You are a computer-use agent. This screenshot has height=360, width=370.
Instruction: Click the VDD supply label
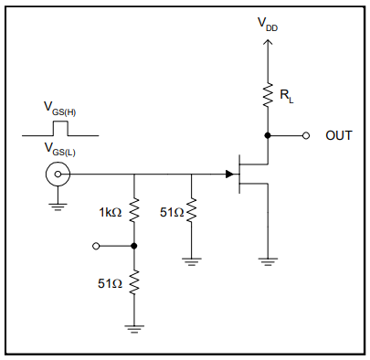(x=268, y=26)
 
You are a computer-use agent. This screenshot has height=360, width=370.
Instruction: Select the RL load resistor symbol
(x=268, y=93)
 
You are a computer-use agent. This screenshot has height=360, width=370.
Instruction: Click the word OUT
(x=339, y=135)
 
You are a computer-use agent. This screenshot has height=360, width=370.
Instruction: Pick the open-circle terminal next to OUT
(x=307, y=135)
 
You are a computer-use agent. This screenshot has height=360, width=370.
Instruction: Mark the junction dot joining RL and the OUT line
(x=268, y=135)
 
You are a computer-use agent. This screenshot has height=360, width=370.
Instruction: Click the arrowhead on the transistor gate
(x=229, y=174)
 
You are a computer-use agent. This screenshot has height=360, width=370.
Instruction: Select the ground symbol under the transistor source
(x=268, y=261)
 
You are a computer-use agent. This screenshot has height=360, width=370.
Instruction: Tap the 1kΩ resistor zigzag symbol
(x=134, y=212)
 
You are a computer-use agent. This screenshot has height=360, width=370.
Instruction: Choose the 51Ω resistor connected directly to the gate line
(x=192, y=212)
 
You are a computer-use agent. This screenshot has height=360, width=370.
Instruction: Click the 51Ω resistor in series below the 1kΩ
(x=134, y=283)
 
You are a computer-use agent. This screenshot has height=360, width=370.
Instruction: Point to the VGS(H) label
(x=60, y=107)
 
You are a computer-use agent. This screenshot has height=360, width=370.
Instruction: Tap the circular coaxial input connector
(x=57, y=174)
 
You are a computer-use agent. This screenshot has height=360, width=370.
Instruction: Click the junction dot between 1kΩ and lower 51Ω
(x=134, y=246)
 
